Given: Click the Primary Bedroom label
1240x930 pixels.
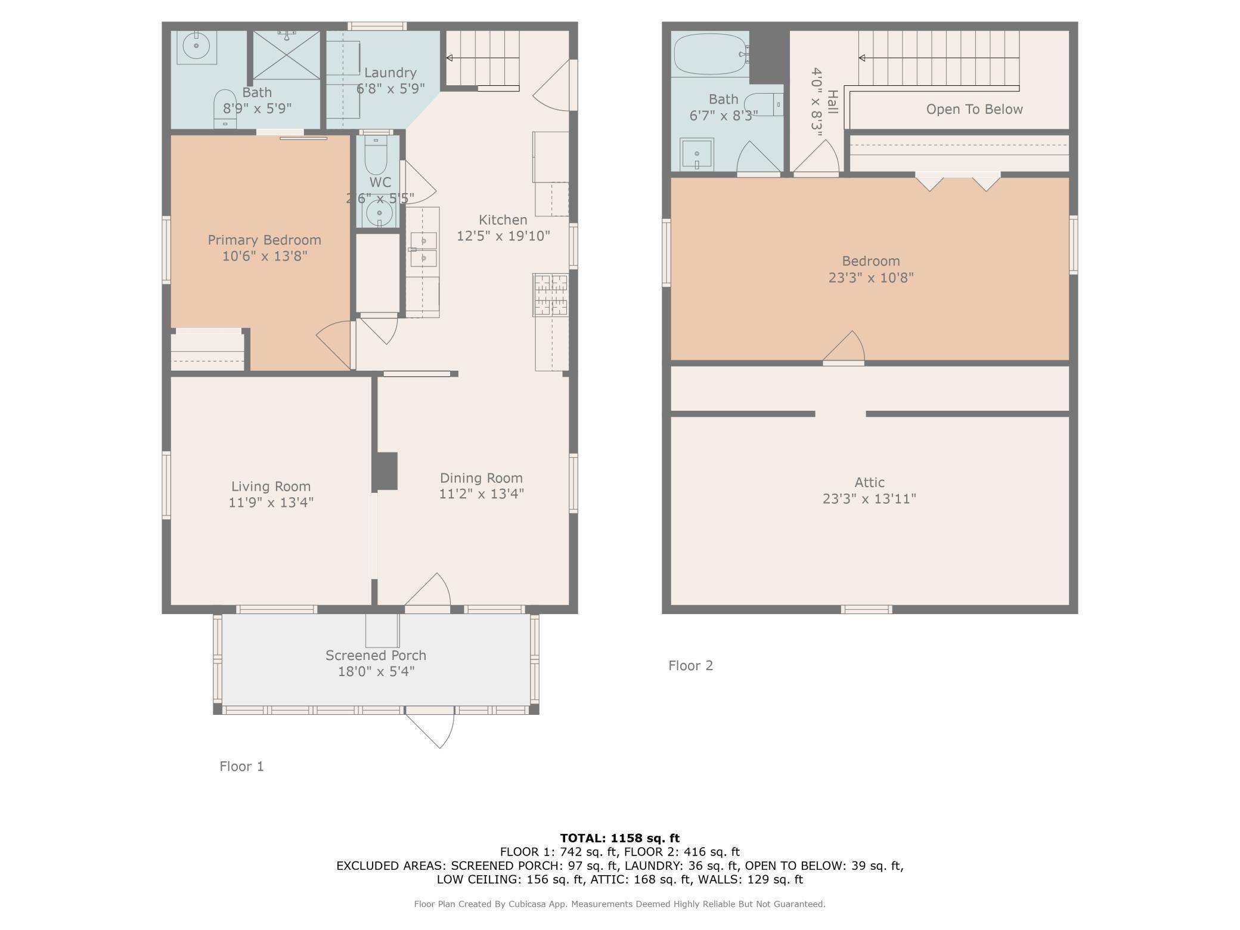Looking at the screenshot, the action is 264,240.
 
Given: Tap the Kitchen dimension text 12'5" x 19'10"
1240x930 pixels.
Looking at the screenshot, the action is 503,235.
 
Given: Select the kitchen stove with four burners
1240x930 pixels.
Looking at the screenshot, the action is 551,294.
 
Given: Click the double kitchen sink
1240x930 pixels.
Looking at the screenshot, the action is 424,249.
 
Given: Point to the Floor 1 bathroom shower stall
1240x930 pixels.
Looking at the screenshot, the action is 287,55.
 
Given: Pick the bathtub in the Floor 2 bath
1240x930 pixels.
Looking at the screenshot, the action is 710,54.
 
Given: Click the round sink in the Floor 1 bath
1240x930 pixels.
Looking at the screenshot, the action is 196,46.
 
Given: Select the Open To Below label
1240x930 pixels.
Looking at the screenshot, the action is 974,109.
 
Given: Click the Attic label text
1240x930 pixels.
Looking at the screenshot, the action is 870,482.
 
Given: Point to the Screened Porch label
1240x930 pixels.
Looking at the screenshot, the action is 376,655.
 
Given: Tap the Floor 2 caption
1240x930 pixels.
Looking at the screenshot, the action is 690,665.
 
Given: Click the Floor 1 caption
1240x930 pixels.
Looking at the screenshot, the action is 241,766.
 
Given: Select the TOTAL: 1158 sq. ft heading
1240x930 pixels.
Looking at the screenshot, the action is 620,838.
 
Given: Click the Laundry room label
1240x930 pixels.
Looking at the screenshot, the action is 390,73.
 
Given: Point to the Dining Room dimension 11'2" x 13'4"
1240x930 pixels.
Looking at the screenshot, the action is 481,494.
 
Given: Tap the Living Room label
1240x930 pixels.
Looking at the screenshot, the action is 271,486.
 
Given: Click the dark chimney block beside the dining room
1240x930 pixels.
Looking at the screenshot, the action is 386,471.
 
